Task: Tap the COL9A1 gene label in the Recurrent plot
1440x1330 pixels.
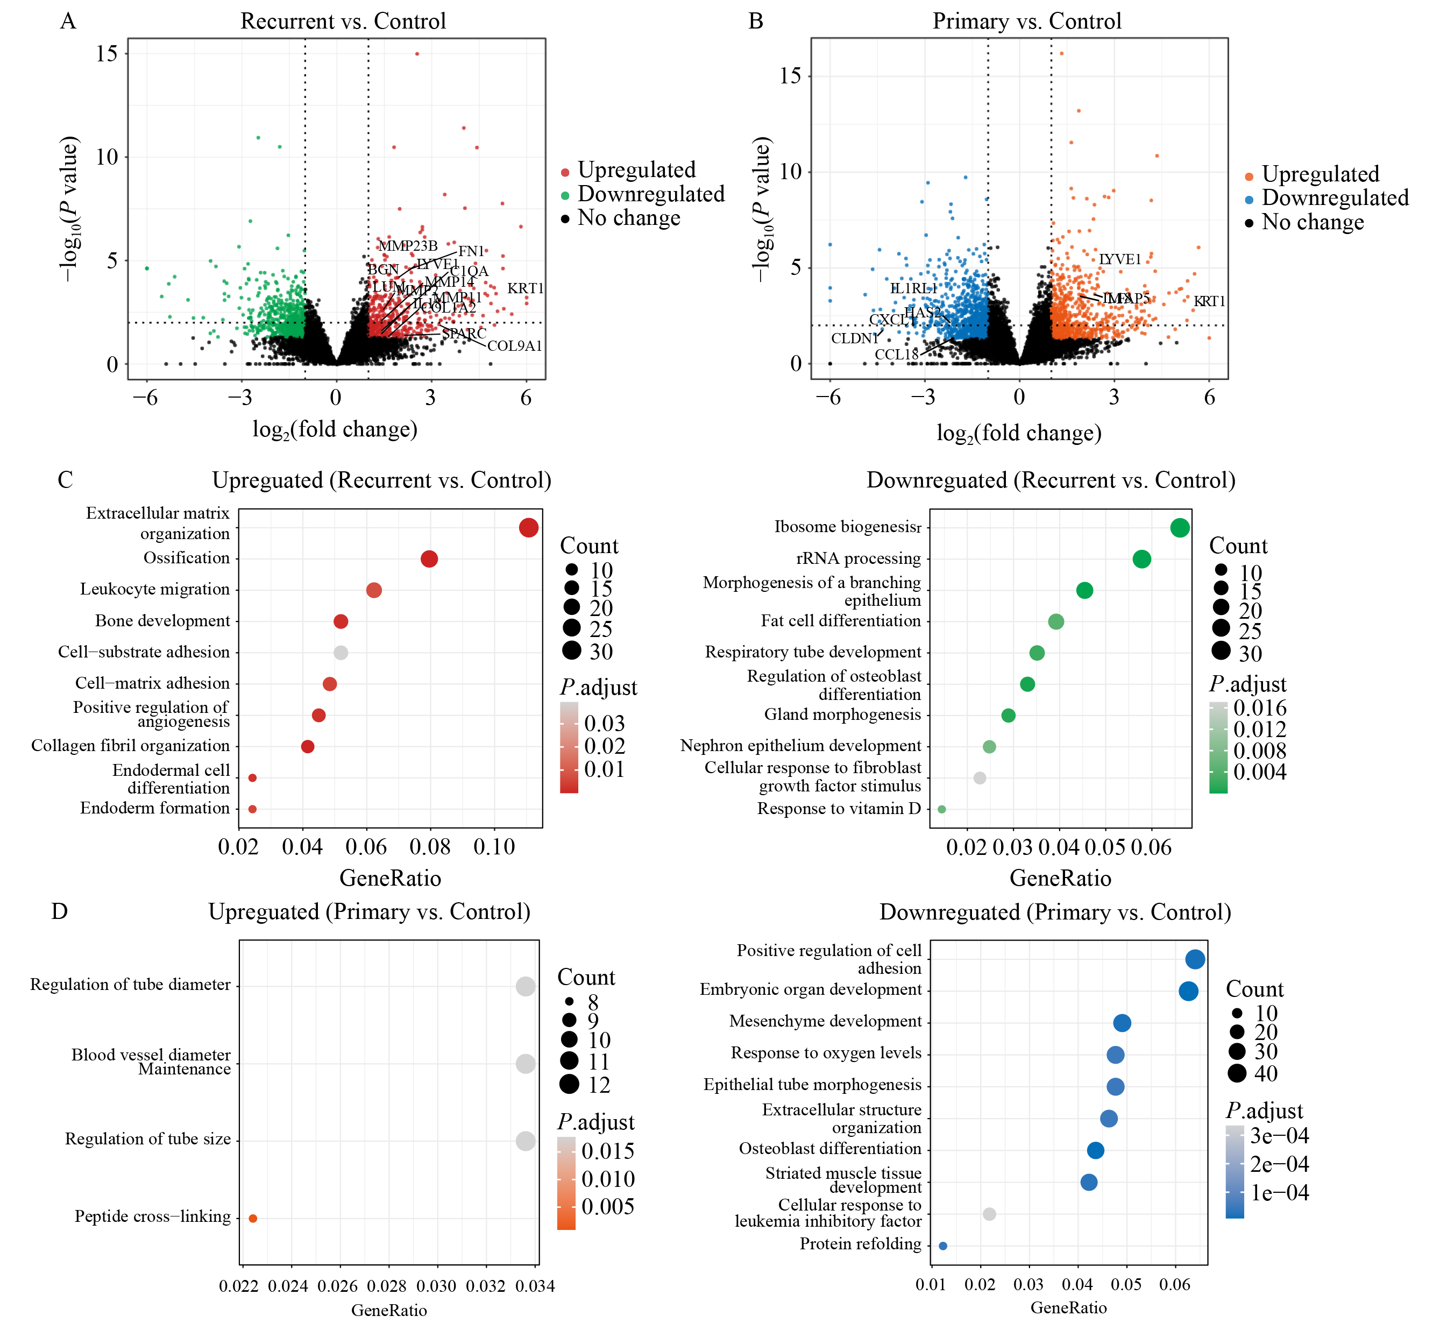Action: pos(515,346)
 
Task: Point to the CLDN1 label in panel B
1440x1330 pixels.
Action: pos(855,338)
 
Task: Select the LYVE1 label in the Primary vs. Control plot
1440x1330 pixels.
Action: pos(1120,259)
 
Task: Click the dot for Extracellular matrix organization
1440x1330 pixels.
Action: pos(528,528)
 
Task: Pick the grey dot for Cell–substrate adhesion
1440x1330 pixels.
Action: pos(341,653)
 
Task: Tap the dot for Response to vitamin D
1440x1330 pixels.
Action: pos(942,810)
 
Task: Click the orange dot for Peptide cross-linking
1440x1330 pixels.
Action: pos(253,1219)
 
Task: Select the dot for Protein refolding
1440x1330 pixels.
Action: pos(944,1246)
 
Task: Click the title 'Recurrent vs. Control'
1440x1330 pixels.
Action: pos(343,21)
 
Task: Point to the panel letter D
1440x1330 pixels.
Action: pos(60,912)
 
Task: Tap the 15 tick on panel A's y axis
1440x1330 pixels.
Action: pos(107,53)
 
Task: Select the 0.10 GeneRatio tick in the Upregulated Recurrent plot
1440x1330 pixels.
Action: pos(494,847)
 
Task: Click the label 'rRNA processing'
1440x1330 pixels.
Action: pos(859,558)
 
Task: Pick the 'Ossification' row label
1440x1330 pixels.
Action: pos(186,558)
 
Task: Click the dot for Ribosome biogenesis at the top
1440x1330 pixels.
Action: pos(1180,528)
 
